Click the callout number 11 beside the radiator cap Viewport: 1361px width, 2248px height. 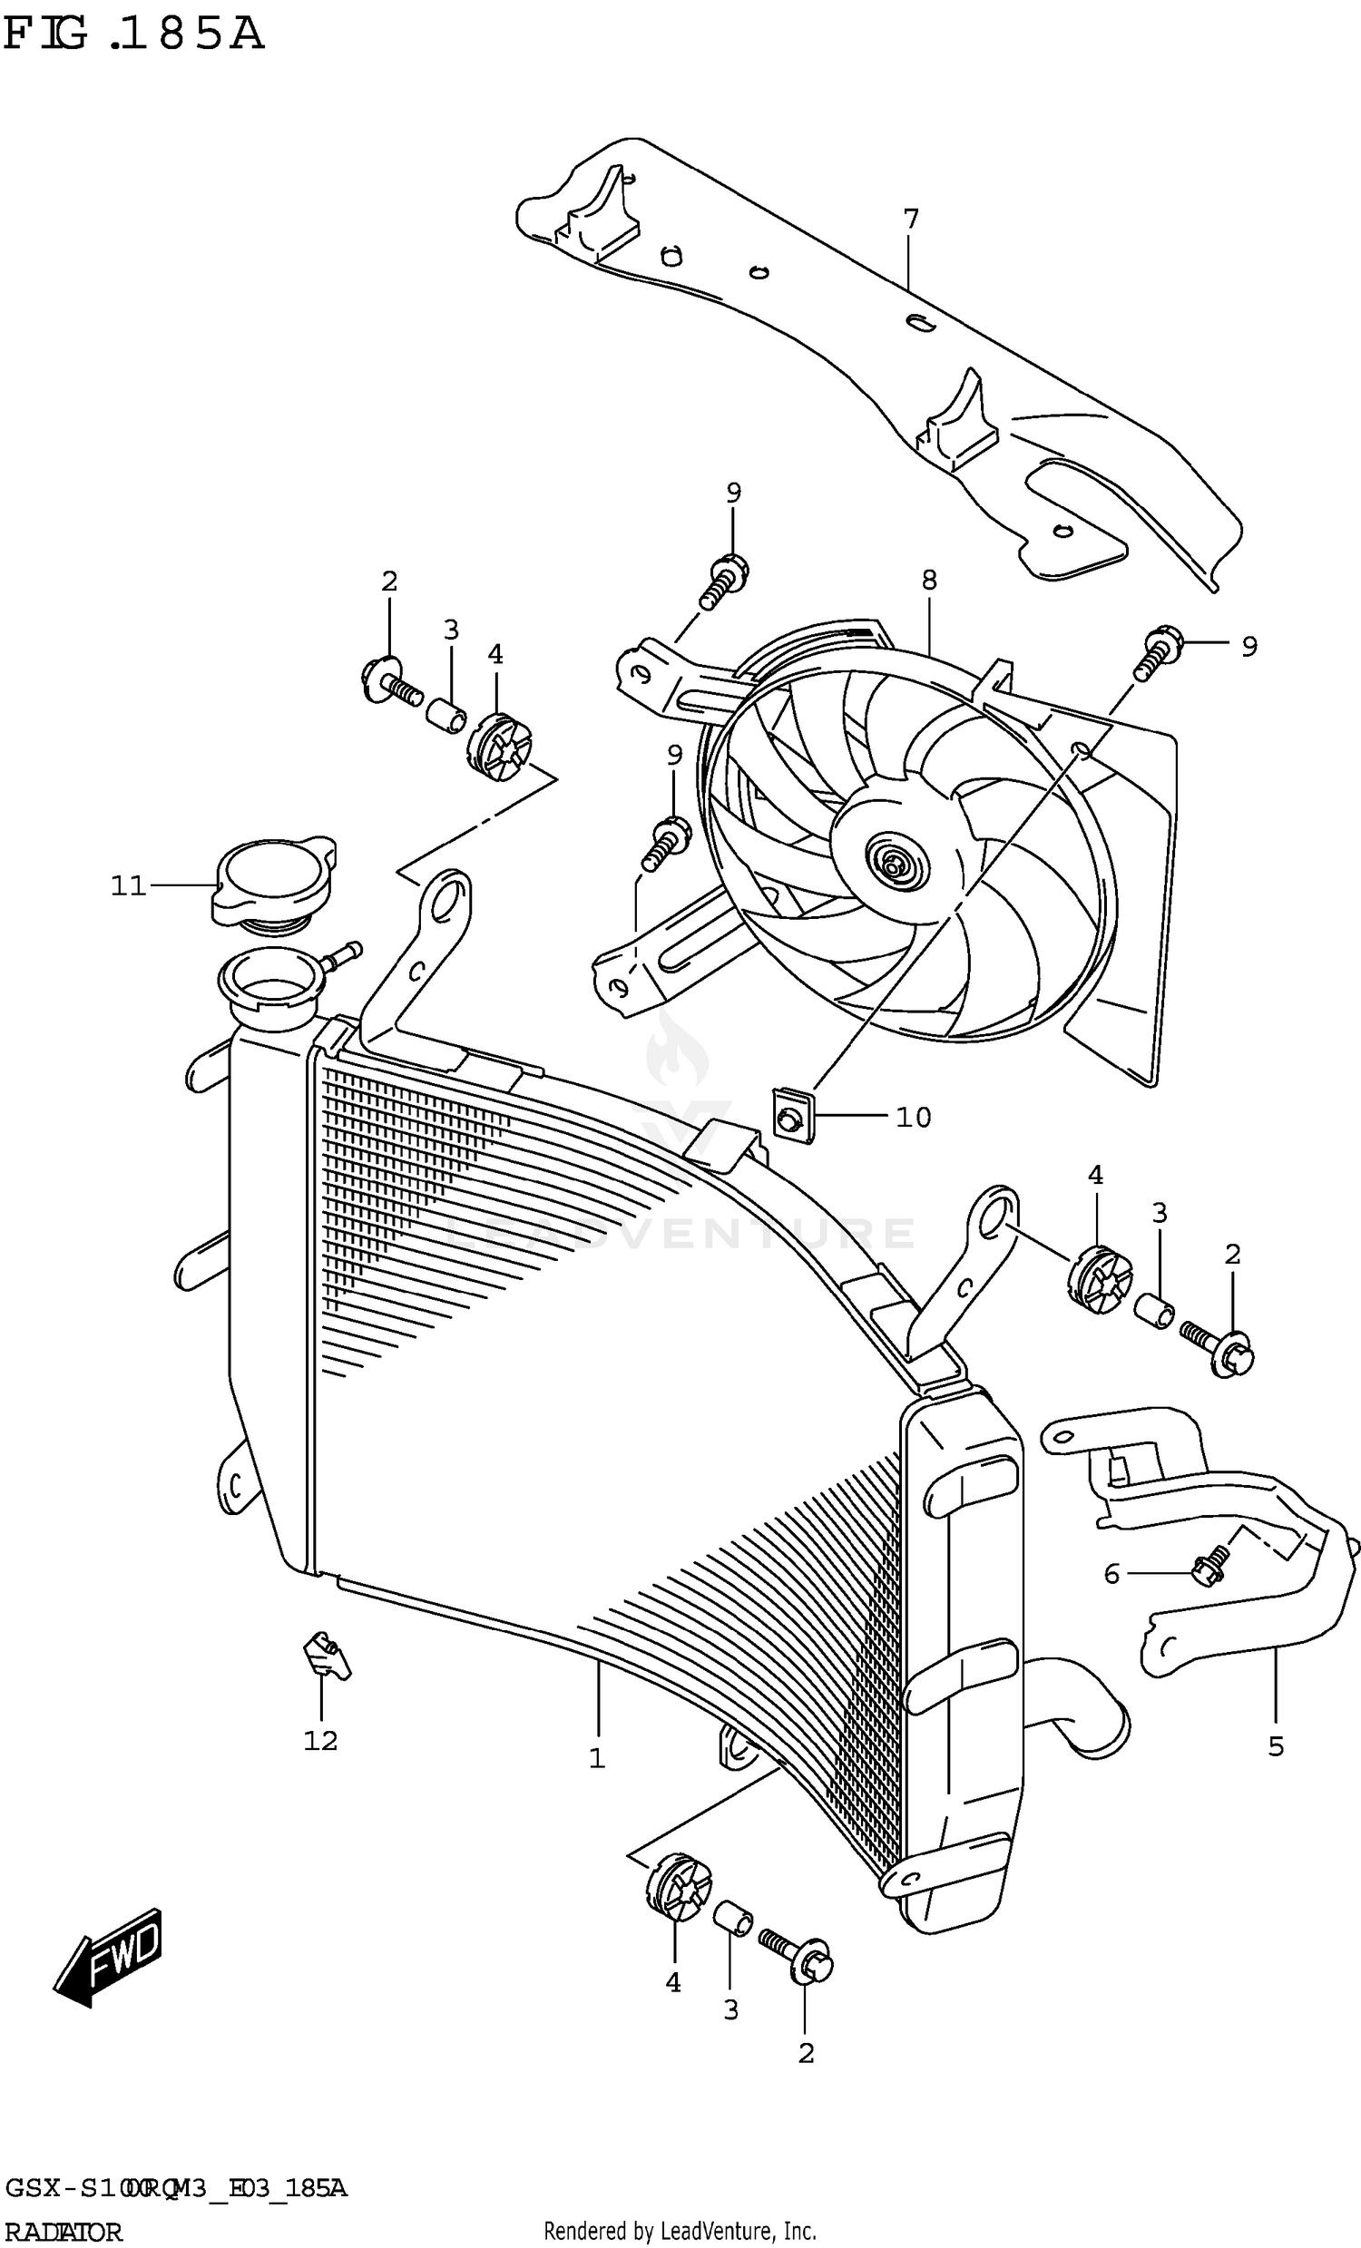[x=128, y=885]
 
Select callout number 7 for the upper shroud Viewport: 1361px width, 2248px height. [x=910, y=220]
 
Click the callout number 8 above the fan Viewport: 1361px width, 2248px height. [x=928, y=580]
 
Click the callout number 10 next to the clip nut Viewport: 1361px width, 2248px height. [x=913, y=1118]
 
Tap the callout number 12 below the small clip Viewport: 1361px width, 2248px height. [x=320, y=1741]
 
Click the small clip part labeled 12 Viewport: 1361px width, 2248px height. [x=325, y=1654]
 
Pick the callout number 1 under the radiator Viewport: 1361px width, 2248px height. [x=597, y=1758]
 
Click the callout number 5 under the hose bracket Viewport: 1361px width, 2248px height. [x=1275, y=1746]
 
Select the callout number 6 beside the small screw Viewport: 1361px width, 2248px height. [x=1111, y=1574]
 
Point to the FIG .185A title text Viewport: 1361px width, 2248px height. [x=134, y=34]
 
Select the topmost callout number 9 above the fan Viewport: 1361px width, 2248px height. [x=733, y=493]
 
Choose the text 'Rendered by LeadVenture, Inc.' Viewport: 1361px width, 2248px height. [x=680, y=2233]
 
